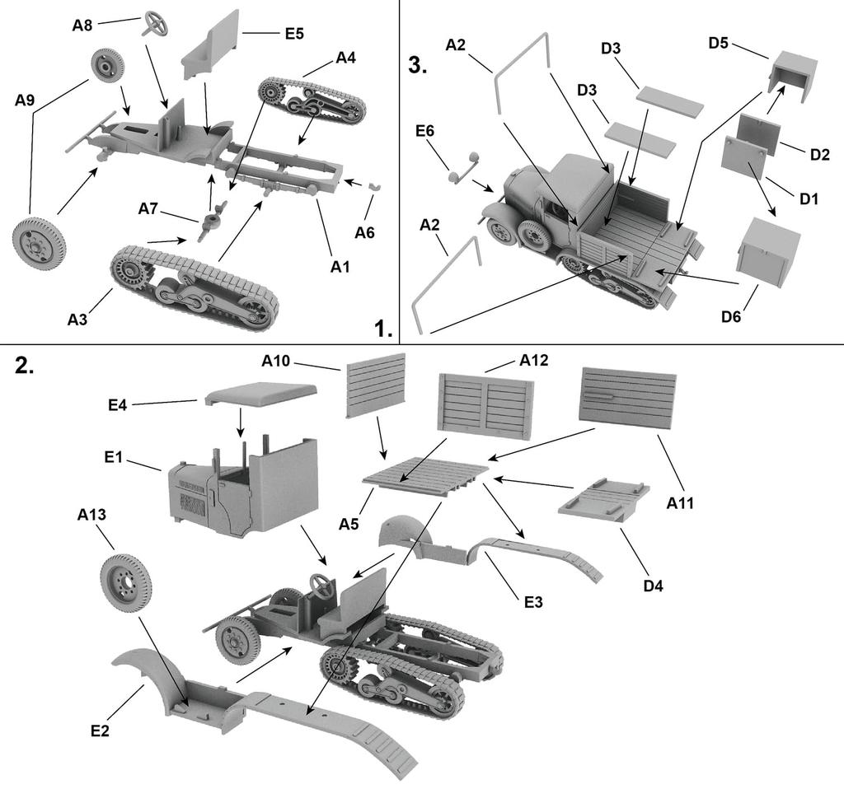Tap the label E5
coord(294,34)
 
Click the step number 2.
coord(26,366)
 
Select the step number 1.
coord(382,329)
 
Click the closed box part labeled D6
coord(768,251)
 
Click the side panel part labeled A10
coord(377,385)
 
